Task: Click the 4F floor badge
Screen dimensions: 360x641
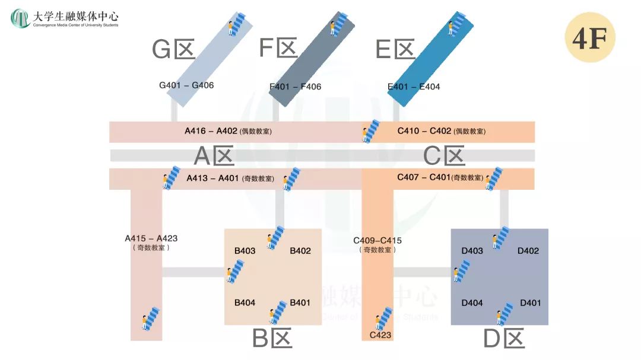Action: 589,37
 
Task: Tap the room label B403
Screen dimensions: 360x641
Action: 245,250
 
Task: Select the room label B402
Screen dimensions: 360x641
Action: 300,250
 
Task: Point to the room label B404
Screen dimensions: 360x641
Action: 245,302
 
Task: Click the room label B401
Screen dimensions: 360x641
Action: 300,302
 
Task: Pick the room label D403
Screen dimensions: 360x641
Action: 472,250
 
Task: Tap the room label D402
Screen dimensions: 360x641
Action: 528,250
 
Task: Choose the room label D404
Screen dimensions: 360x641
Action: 472,302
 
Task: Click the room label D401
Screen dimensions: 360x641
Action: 531,302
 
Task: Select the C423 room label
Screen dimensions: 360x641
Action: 380,335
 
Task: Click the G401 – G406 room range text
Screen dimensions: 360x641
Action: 186,85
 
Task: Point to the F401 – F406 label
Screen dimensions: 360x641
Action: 296,87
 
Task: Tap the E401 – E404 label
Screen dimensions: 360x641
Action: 414,87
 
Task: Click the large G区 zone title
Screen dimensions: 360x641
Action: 173,50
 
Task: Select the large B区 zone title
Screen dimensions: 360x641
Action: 272,339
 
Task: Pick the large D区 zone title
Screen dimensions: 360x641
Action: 504,339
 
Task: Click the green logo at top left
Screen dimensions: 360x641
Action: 20,18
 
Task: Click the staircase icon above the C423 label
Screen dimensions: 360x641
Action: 383,318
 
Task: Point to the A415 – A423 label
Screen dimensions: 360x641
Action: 151,238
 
